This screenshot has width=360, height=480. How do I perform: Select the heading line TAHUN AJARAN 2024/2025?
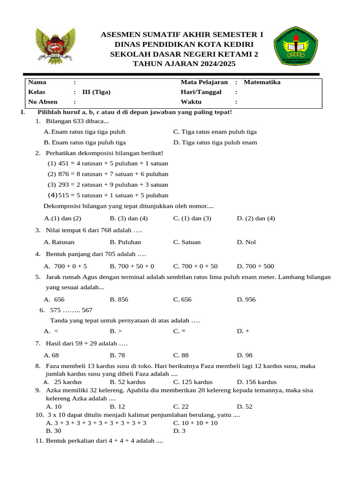[184, 64]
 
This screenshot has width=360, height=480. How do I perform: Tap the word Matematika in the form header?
[262, 82]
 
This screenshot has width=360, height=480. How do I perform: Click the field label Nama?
[37, 82]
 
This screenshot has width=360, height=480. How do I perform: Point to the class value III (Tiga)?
[96, 92]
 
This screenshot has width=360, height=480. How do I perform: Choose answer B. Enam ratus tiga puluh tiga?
[85, 142]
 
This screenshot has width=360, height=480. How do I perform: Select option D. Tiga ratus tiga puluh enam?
[215, 142]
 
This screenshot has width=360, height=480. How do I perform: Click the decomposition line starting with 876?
[108, 174]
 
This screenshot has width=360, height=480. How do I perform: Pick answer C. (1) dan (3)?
[192, 218]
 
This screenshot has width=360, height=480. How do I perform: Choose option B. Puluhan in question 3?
[125, 242]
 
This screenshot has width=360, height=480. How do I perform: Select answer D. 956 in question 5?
[246, 300]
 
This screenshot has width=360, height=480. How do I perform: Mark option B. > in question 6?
[116, 331]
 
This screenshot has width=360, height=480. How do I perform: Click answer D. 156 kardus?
[256, 382]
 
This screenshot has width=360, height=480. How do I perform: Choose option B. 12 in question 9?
[117, 406]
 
